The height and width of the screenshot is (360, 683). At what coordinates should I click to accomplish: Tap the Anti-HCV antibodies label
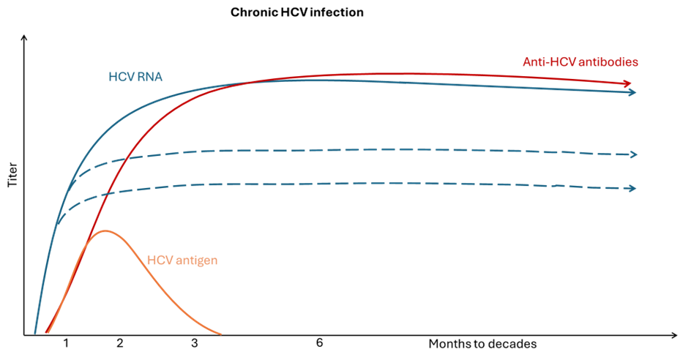(x=580, y=62)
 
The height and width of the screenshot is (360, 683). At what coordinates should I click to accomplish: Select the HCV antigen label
(x=182, y=260)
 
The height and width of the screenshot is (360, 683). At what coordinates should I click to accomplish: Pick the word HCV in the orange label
(x=159, y=260)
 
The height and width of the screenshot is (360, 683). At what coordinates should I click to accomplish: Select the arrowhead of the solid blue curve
(x=633, y=92)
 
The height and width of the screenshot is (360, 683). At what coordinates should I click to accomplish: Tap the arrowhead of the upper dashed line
(x=635, y=154)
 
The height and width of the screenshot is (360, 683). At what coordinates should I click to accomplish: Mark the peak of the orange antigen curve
(x=106, y=231)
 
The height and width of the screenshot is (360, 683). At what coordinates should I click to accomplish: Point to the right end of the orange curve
(x=220, y=334)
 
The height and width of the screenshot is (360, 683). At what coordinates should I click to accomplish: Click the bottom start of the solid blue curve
(x=34, y=334)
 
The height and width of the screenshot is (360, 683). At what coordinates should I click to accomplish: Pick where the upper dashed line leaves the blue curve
(x=67, y=188)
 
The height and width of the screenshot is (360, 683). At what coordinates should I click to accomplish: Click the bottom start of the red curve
(x=46, y=334)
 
